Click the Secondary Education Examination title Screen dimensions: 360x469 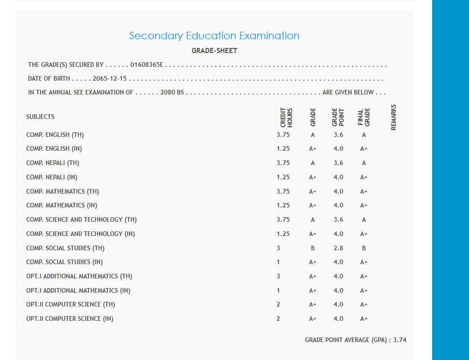pos(214,36)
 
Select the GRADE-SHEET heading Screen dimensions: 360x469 pos(214,51)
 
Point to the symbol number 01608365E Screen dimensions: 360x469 pos(147,65)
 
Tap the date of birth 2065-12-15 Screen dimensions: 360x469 pos(110,79)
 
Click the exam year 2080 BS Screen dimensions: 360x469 pos(172,93)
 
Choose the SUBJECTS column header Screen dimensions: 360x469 pos(41,117)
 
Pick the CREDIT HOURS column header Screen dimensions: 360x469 pos(286,117)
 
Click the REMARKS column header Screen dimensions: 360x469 pos(393,117)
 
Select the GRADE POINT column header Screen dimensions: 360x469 pos(338,117)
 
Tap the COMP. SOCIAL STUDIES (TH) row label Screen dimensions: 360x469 pos(65,248)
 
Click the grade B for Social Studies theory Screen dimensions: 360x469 pos(313,248)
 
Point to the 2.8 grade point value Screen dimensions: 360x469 pos(338,248)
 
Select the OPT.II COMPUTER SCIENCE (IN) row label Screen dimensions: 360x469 pos(70,319)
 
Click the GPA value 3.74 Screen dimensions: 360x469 pos(399,340)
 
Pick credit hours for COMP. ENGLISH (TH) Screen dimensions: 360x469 pos(283,135)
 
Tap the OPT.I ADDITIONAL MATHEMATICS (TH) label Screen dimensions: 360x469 pos(79,277)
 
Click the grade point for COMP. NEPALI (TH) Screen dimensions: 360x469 pos(338,163)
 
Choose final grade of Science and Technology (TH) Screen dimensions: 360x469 pos(364,220)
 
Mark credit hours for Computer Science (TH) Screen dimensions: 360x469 pos(279,305)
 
